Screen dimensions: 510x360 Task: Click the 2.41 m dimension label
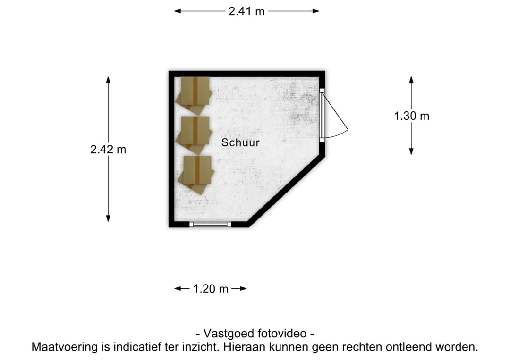tap(246, 11)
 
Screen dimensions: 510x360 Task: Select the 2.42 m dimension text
tap(108, 150)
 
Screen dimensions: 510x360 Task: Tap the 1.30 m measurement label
tap(411, 116)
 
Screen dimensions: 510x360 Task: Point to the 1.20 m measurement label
tap(211, 289)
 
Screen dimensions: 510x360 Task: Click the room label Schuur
tap(240, 142)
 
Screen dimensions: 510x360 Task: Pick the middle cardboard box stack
tap(194, 134)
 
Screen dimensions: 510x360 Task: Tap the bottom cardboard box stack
tap(196, 175)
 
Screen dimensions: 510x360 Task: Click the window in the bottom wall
tap(210, 224)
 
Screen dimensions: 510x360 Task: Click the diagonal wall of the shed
tap(286, 190)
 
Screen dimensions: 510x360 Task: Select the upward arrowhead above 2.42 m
tap(108, 80)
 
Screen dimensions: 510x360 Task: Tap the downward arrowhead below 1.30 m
tap(411, 151)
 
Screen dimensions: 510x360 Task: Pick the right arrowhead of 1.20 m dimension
tap(243, 288)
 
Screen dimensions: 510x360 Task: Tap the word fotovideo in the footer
tap(281, 334)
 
